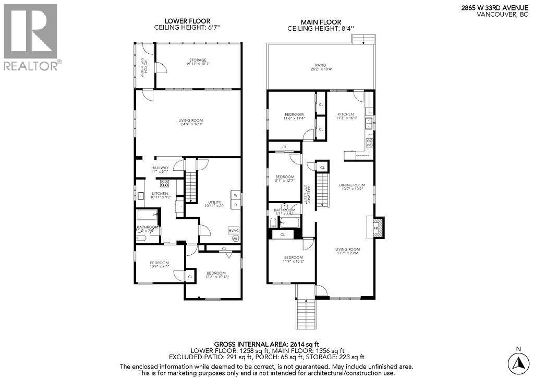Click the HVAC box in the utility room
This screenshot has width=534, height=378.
tap(233, 230)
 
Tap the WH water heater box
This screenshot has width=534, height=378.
tap(235, 239)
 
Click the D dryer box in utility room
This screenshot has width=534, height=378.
tap(235, 205)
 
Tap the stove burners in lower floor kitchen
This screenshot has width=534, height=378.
tap(164, 183)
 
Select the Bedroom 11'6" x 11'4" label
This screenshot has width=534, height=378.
tap(293, 116)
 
